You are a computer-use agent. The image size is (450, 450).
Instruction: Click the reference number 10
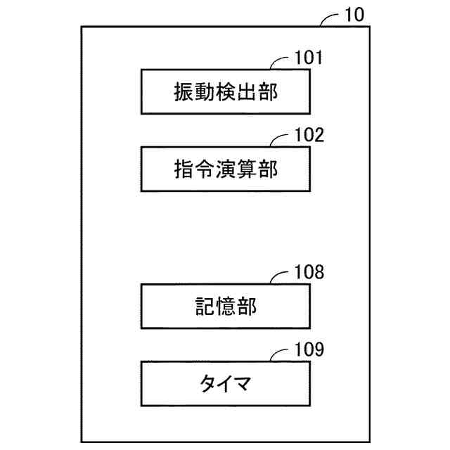click(x=354, y=15)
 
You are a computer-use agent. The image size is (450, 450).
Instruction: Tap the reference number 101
click(x=309, y=57)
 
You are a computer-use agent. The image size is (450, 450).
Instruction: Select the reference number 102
click(x=309, y=134)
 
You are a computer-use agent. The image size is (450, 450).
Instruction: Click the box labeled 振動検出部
click(x=225, y=91)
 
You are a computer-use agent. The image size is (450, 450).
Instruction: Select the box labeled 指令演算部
click(x=225, y=169)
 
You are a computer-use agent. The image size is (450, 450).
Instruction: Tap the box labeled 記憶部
click(x=225, y=307)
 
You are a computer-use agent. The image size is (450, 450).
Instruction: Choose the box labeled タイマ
click(x=225, y=384)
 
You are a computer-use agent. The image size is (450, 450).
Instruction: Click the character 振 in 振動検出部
click(x=184, y=92)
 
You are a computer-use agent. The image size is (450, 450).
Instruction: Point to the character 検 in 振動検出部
click(x=225, y=92)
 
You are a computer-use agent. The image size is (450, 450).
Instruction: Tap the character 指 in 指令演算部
click(x=184, y=169)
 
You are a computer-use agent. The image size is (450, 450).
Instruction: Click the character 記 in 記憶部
click(x=204, y=307)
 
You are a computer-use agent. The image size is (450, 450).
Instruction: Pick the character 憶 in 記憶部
click(x=225, y=307)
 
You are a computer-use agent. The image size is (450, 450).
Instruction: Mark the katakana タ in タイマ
click(x=205, y=385)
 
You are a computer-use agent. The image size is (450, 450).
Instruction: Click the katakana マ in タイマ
click(x=245, y=385)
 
